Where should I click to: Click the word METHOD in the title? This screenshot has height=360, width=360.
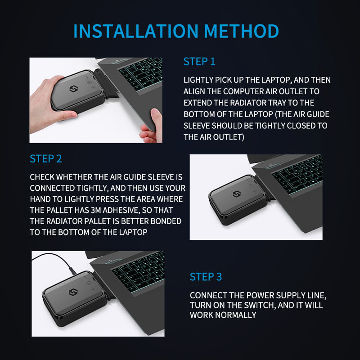241,31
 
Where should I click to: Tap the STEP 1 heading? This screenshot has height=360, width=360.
199,62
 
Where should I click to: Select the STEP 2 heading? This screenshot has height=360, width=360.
46,159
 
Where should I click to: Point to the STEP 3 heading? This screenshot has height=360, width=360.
206,277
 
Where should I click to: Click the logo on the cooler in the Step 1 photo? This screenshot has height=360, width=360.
73,89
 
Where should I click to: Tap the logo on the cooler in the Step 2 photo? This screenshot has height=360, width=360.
237,194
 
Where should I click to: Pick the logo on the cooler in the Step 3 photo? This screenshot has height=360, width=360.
73,292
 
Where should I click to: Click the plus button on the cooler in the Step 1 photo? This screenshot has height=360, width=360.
93,87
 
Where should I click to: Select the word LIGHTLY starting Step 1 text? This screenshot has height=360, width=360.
198,80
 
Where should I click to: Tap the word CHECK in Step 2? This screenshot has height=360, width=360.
42,177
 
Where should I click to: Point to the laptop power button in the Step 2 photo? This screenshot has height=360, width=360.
271,165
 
